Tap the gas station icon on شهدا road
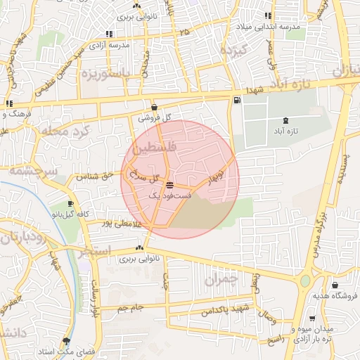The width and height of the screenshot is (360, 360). pyautogui.click(x=236, y=101)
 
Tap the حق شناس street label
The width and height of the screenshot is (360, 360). pyautogui.click(x=97, y=176)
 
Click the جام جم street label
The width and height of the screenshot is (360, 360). pyautogui.click(x=129, y=307)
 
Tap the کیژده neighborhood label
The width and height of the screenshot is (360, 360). pyautogui.click(x=233, y=51)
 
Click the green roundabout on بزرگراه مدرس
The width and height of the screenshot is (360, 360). pyautogui.click(x=304, y=281)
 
